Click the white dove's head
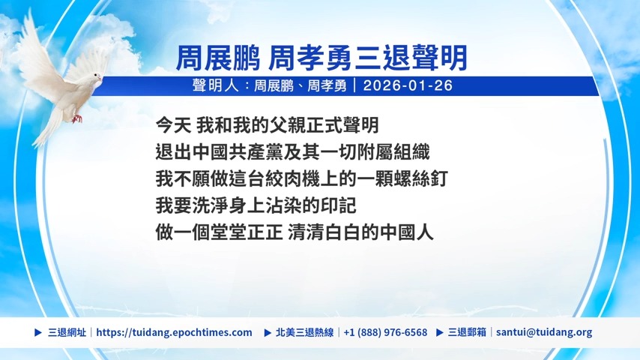97,78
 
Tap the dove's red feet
76,119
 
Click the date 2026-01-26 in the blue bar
408,85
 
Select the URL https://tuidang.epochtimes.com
175,332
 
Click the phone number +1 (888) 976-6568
385,332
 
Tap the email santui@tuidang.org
544,332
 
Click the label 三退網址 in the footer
67,332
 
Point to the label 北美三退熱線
304,332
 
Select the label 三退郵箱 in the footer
467,332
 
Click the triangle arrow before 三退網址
38,332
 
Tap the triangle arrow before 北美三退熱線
268,332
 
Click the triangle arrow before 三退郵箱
440,332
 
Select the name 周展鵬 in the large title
217,58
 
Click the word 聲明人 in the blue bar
216,85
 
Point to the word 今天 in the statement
173,125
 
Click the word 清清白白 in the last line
324,232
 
